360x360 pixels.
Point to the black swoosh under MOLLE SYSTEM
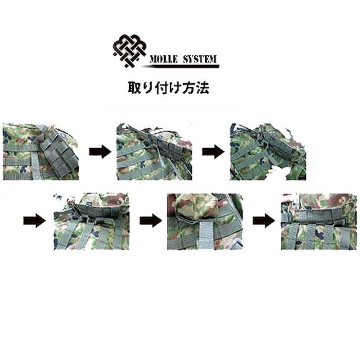(x=180, y=66)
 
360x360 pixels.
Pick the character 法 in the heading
(x=202, y=87)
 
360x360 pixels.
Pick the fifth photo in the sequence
(x=205, y=221)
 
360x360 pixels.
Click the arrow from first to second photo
(x=100, y=152)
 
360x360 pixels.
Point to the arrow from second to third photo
(x=212, y=152)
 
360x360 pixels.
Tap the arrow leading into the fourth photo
(x=34, y=220)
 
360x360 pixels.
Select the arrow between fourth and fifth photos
(x=150, y=220)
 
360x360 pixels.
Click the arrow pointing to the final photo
(x=264, y=220)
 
